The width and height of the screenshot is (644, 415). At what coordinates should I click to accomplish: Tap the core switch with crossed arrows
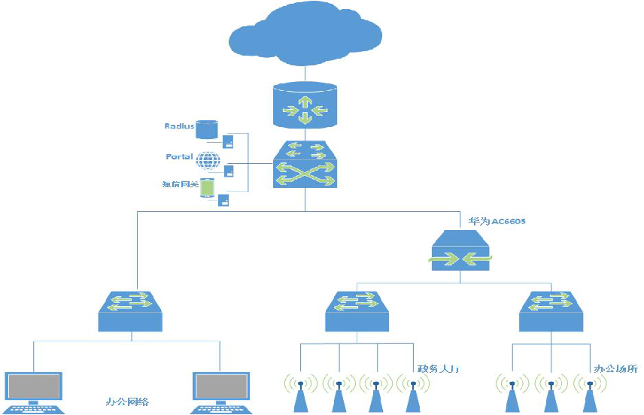click(304, 165)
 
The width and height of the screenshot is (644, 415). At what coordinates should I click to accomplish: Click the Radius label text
click(179, 126)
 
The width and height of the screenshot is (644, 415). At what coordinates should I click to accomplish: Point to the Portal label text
click(181, 156)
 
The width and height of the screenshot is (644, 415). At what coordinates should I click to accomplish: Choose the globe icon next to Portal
click(208, 160)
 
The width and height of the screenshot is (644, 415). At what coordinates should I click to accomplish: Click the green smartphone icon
click(207, 187)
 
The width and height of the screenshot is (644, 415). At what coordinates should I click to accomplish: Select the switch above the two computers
click(131, 311)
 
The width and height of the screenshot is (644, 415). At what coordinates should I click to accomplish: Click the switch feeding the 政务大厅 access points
click(357, 311)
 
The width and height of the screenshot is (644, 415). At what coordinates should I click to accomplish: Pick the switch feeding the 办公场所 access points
click(551, 311)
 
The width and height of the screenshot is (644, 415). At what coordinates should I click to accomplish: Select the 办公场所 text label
click(616, 369)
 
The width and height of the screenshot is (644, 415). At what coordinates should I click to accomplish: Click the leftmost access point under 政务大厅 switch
click(300, 391)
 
